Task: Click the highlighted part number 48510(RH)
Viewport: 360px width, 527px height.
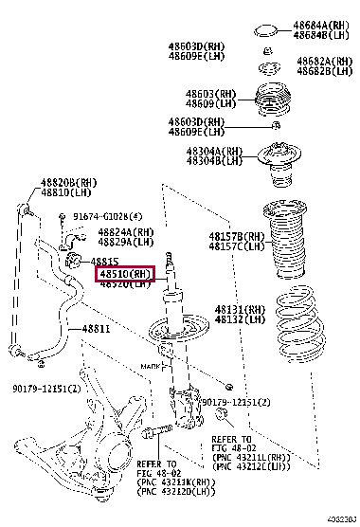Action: [x=125, y=274]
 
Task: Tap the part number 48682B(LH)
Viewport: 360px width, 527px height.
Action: [x=324, y=70]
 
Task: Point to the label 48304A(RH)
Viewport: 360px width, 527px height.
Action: [x=213, y=152]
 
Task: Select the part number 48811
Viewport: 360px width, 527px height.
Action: [x=95, y=330]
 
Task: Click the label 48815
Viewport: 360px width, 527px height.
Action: [x=105, y=261]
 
